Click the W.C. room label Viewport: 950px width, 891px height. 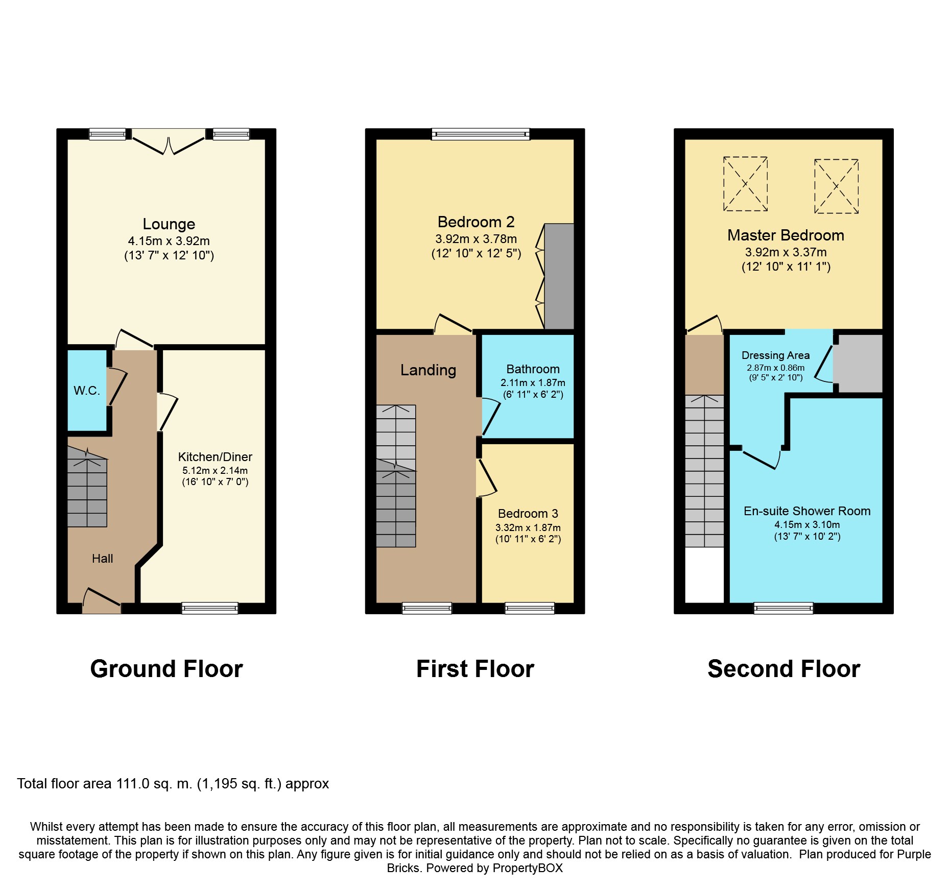87,391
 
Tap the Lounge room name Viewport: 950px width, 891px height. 169,224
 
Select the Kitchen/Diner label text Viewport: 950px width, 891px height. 215,457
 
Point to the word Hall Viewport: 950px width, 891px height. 102,559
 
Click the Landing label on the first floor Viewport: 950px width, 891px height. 428,370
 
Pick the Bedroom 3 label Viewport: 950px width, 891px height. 528,514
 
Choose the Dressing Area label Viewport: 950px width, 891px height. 775,355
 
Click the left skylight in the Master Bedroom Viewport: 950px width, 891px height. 745,184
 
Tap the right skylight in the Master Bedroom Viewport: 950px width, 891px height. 836,186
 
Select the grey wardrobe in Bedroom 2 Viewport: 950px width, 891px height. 559,276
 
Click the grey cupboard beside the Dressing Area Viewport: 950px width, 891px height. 858,364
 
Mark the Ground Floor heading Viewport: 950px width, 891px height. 167,669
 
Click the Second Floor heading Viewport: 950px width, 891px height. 784,669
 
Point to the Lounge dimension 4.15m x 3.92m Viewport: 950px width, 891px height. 169,241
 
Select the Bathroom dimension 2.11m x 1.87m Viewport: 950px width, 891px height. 533,383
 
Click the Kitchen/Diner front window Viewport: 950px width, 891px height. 210,608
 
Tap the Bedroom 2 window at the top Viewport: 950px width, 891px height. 481,134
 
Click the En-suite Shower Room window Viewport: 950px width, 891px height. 783,608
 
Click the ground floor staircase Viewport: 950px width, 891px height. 87,487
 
